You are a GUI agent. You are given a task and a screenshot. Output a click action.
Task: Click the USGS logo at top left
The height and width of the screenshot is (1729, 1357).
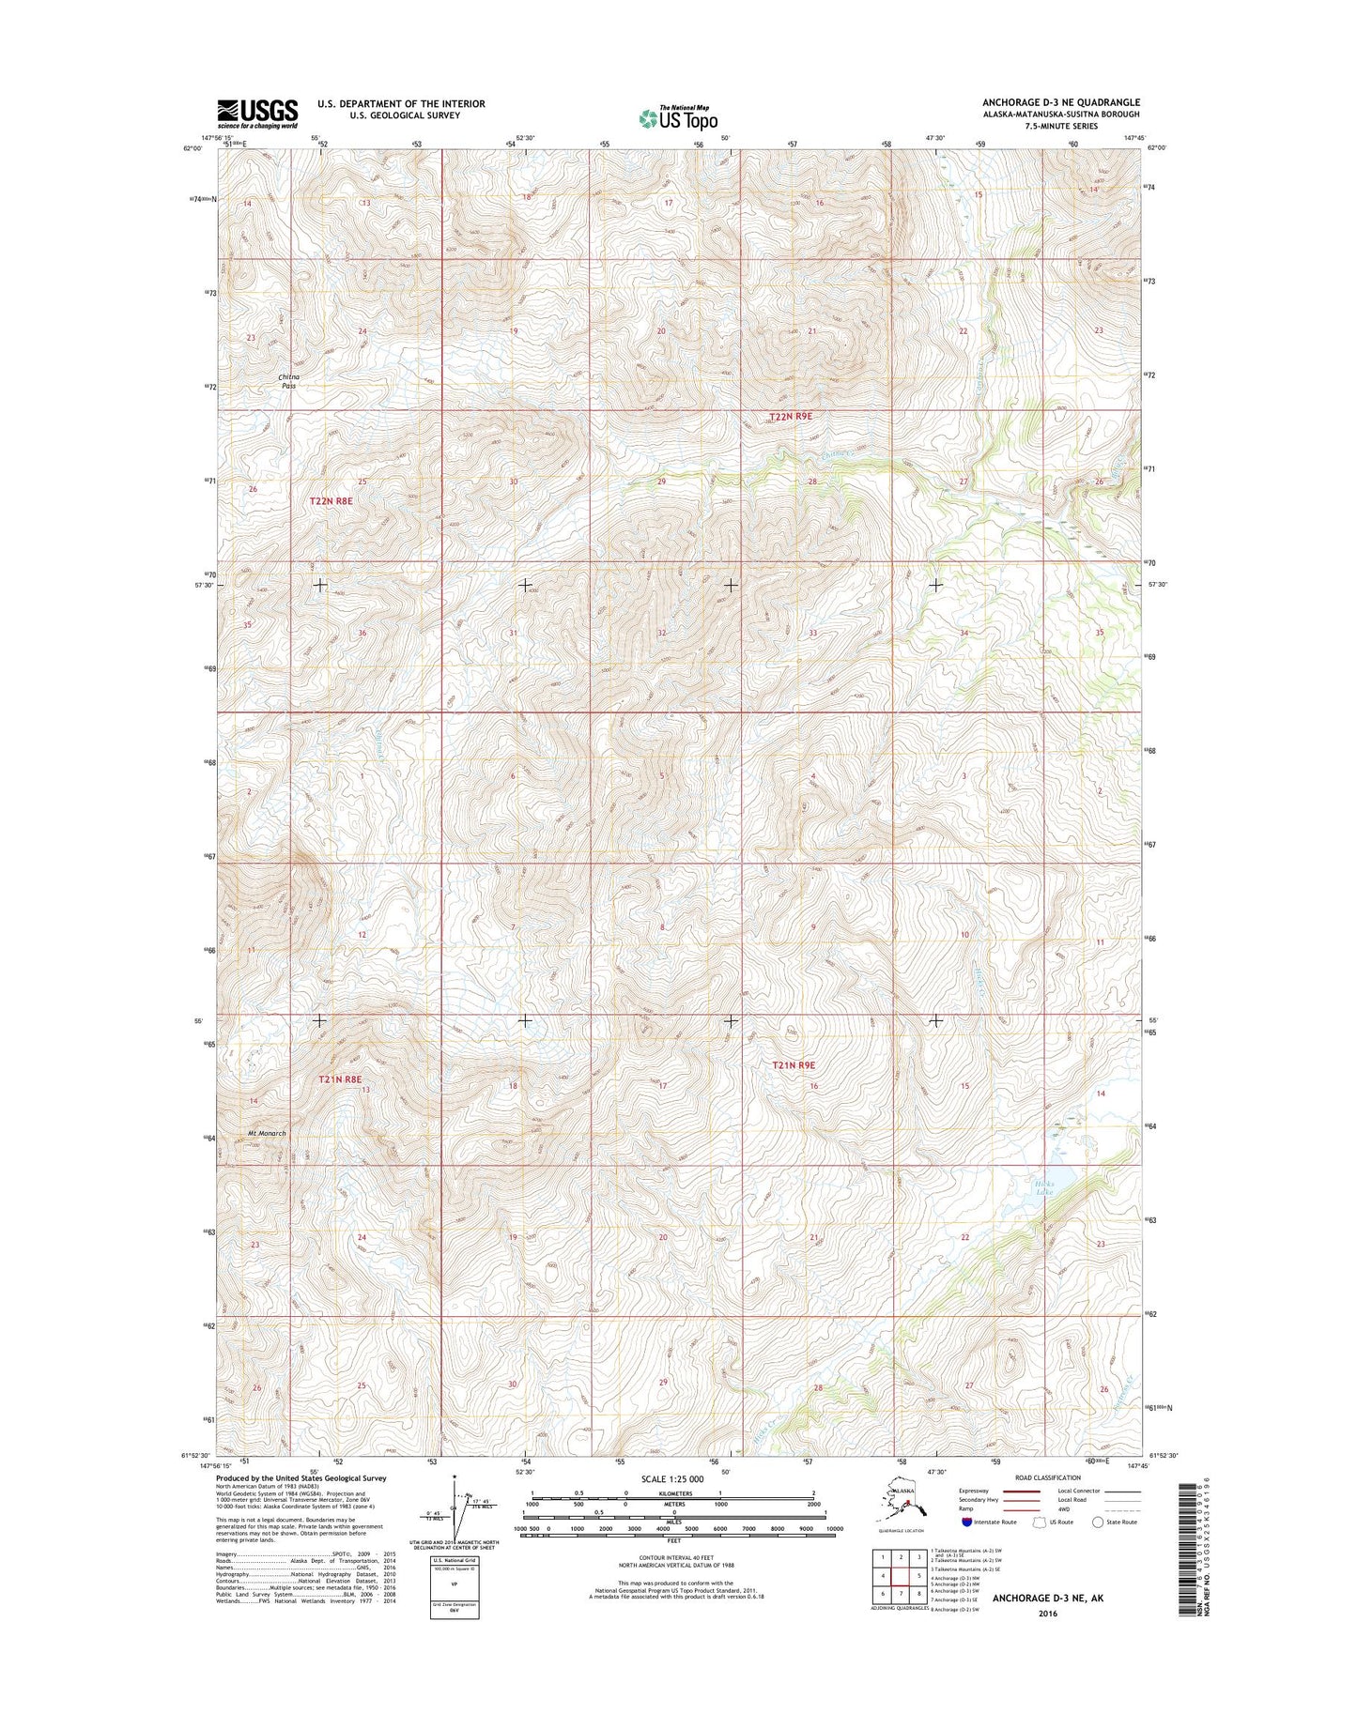coord(257,114)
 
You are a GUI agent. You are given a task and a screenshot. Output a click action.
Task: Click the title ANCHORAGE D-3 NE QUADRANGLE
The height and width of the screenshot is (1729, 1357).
coord(1061,102)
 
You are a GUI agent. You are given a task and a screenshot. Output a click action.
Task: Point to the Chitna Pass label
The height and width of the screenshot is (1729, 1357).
coord(288,380)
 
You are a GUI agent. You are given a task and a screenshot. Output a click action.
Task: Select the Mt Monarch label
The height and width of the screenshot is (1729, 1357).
coord(267,1133)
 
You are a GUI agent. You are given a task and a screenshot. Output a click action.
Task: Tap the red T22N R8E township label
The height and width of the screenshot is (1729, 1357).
coord(331,501)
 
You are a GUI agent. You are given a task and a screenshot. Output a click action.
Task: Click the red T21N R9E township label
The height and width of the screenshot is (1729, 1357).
coord(794,1065)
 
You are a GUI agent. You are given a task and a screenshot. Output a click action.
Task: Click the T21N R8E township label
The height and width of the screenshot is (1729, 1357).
coord(339,1079)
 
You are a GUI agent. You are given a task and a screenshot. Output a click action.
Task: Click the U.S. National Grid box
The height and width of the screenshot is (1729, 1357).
coord(454,1588)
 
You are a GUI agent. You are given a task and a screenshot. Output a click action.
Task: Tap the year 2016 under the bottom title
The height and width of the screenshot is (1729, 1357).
coord(1047,1614)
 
